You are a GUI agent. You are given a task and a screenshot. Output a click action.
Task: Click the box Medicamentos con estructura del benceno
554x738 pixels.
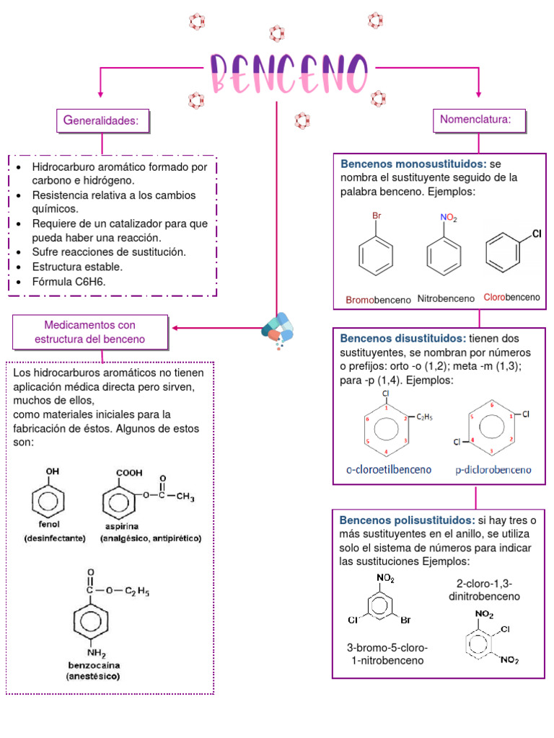tap(90, 332)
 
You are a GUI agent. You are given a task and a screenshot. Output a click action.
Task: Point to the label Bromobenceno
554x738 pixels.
tap(377, 299)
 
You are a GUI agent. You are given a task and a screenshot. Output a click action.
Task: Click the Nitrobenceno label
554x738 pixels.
tap(446, 298)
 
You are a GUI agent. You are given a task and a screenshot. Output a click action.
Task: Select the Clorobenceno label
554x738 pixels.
tap(511, 297)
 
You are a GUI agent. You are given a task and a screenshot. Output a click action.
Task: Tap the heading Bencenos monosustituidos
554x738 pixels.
tap(413, 164)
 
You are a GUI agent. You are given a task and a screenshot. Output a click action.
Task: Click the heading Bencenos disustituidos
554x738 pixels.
tap(403, 339)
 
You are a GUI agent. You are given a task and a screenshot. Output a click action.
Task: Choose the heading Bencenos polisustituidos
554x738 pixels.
tap(408, 520)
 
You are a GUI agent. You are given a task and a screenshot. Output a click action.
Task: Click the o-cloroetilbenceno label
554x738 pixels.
tap(389, 470)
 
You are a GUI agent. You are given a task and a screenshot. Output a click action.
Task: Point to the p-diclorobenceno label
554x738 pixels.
tap(493, 470)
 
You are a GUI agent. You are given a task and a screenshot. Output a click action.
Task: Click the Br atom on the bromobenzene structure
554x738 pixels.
tap(376, 215)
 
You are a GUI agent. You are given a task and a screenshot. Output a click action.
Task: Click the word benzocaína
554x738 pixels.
tap(93, 666)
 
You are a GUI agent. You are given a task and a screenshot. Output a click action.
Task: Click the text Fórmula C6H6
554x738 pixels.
tap(69, 282)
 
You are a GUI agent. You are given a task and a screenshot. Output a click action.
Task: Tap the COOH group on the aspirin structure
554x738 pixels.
tap(129, 474)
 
